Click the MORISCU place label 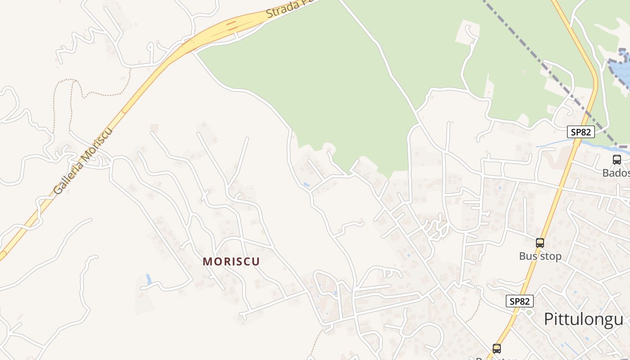pyautogui.click(x=231, y=261)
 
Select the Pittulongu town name pyautogui.click(x=584, y=319)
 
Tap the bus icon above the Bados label pyautogui.click(x=617, y=159)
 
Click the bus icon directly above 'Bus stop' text pyautogui.click(x=540, y=243)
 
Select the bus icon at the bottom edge pyautogui.click(x=497, y=348)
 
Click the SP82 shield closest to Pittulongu pyautogui.click(x=520, y=301)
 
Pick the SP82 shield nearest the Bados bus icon pyautogui.click(x=580, y=132)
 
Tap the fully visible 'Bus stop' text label pyautogui.click(x=540, y=256)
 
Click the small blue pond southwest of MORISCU pyautogui.click(x=148, y=279)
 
